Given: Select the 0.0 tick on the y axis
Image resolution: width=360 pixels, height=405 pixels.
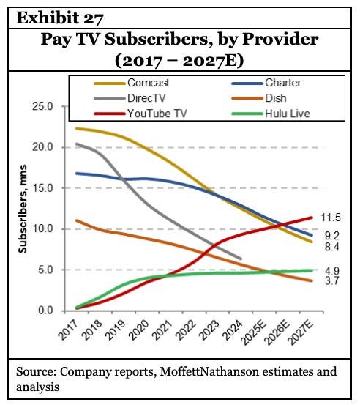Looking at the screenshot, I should pyautogui.click(x=45, y=311).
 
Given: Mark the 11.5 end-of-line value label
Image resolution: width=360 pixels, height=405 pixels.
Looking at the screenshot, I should pyautogui.click(x=334, y=218).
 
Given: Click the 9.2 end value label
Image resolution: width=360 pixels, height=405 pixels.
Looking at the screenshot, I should pyautogui.click(x=331, y=236).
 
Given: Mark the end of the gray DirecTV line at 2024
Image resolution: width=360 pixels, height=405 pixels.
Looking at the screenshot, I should pyautogui.click(x=241, y=259).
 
